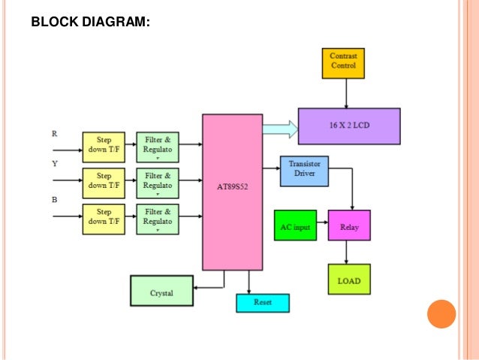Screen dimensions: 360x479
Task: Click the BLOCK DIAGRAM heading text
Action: point(90,23)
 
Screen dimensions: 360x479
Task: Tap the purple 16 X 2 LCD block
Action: point(348,126)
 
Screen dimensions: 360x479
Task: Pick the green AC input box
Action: point(295,225)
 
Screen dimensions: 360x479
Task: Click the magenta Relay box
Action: point(349,225)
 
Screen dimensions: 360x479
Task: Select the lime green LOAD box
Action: point(349,280)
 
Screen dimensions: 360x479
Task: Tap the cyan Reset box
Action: point(263,303)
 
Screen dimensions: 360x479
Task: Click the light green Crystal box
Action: point(162,291)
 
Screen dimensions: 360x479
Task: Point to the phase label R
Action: point(54,134)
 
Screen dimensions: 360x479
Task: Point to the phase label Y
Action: point(54,163)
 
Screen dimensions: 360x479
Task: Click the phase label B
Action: point(54,200)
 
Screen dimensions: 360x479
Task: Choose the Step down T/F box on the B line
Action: point(104,217)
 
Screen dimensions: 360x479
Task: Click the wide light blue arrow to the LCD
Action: point(280,129)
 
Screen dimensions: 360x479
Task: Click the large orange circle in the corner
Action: point(441,314)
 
